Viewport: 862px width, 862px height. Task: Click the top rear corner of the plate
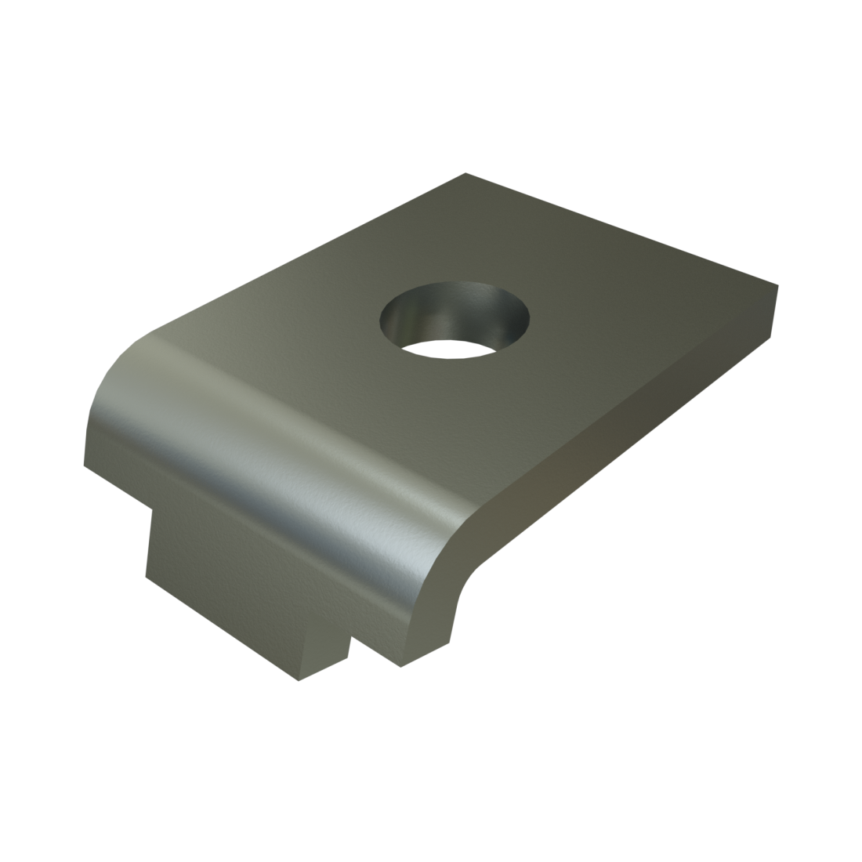coord(465,174)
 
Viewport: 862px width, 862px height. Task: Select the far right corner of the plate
coord(777,285)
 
